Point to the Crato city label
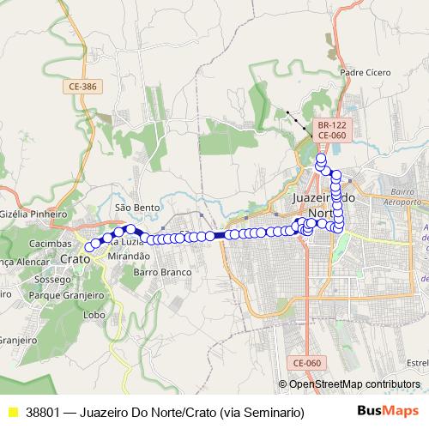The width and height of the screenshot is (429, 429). tap(75, 257)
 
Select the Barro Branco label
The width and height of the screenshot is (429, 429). tap(160, 272)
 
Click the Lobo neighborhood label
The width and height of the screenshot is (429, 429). tap(95, 315)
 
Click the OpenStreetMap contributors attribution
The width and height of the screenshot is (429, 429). tap(354, 384)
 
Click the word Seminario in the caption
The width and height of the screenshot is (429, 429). tap(273, 413)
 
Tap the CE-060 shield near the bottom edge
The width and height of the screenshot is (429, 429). tap(316, 364)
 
